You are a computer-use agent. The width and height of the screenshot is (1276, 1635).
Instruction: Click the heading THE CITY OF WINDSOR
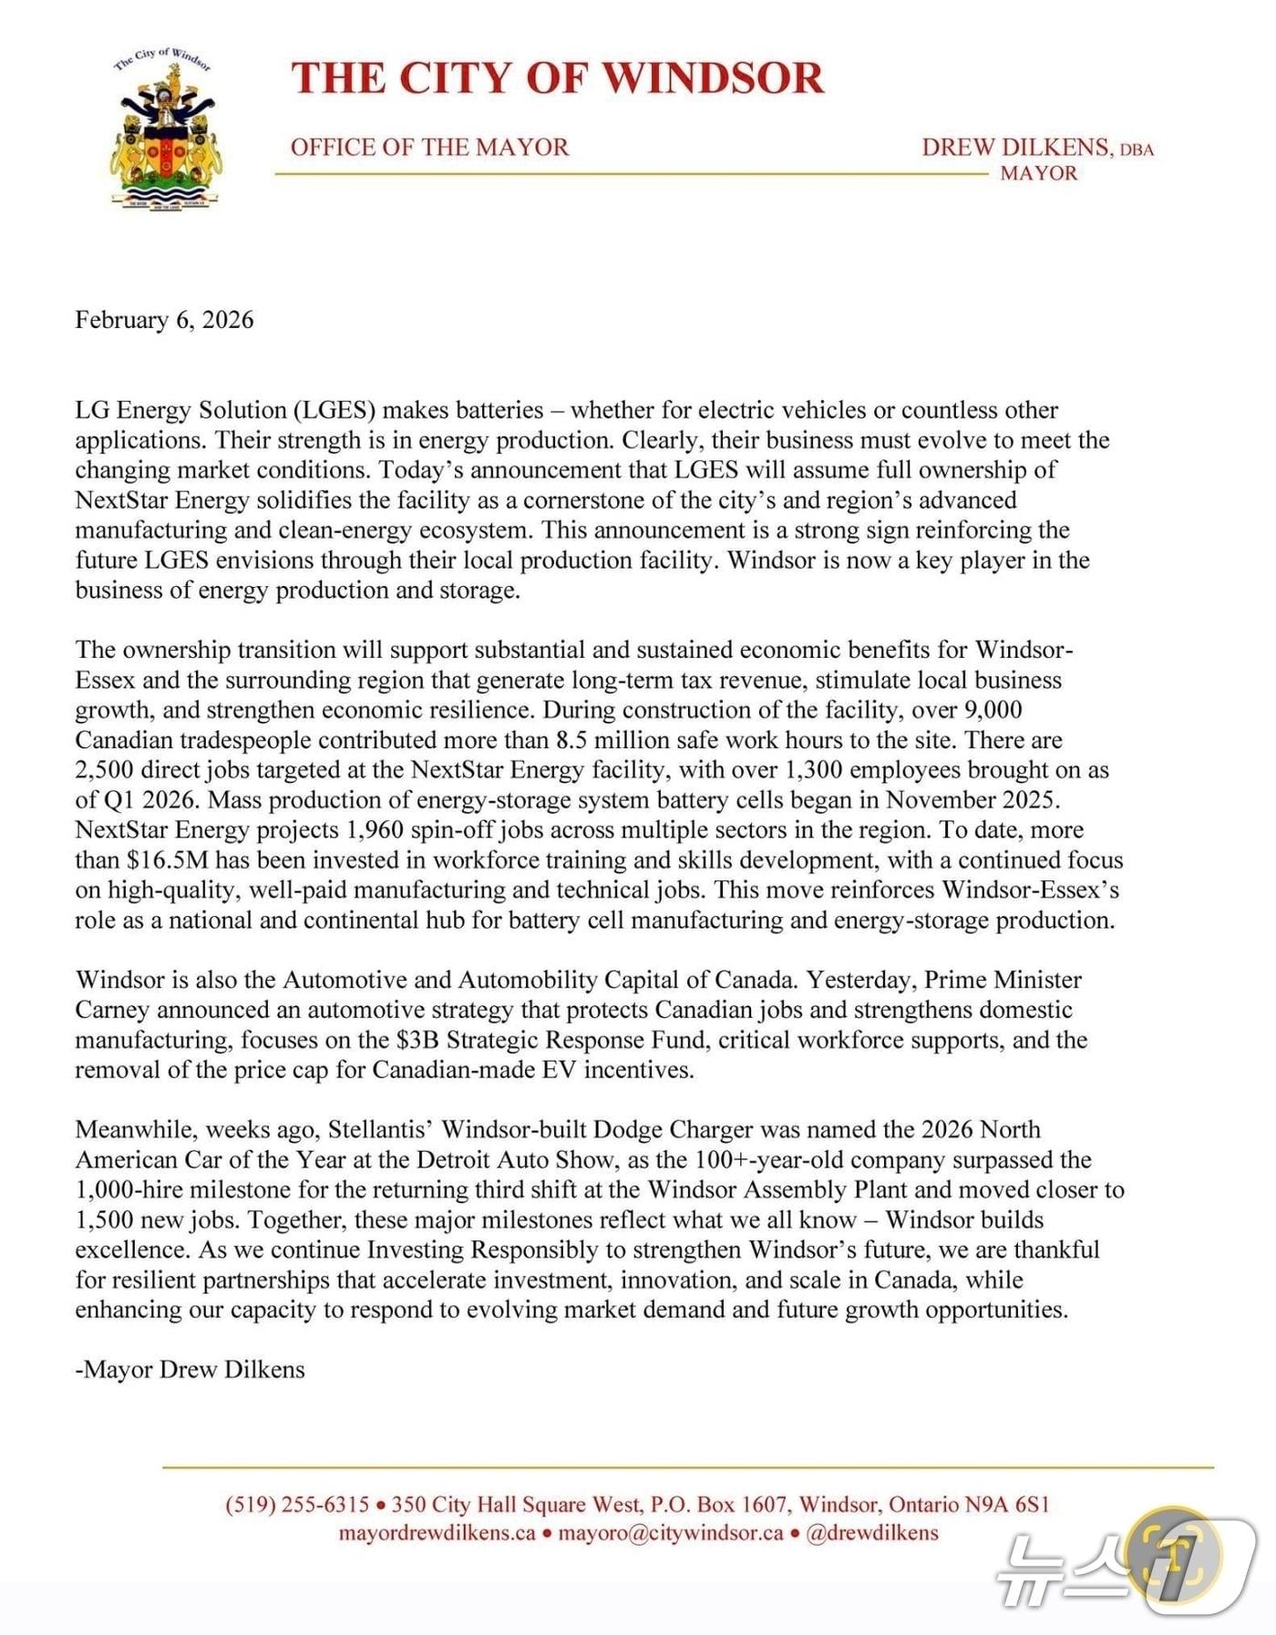[x=557, y=78]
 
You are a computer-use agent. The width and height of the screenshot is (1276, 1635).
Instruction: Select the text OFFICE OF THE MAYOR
[x=429, y=148]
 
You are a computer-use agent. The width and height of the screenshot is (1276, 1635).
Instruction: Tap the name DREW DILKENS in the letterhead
[x=1015, y=148]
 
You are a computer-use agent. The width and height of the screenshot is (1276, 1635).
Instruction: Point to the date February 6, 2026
[x=164, y=320]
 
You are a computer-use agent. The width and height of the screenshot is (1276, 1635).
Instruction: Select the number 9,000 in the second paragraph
[x=993, y=710]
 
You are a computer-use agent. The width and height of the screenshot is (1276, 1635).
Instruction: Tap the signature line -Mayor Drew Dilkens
[x=190, y=1370]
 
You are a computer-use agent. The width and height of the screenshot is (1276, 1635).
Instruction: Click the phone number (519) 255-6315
[x=297, y=1505]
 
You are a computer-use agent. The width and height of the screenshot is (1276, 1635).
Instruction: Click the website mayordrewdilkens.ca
[x=437, y=1533]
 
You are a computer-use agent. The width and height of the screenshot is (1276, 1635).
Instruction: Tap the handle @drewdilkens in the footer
[x=872, y=1533]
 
